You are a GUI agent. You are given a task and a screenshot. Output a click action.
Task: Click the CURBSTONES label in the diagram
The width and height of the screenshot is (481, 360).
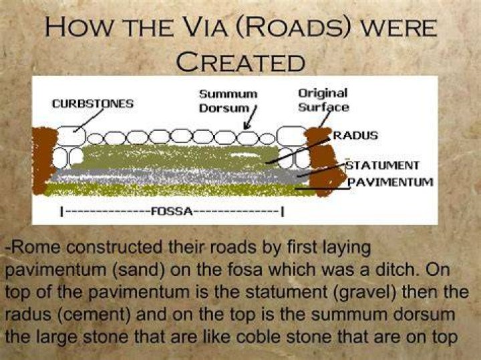(93, 104)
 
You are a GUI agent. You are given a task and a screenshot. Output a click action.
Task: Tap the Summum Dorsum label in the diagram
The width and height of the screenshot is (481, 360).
(228, 101)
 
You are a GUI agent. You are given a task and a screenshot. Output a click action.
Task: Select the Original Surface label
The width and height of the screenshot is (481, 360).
(323, 100)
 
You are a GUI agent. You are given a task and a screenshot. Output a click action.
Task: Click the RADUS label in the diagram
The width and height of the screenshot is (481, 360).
(355, 135)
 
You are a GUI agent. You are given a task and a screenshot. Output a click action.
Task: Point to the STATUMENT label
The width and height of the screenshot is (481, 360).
(382, 165)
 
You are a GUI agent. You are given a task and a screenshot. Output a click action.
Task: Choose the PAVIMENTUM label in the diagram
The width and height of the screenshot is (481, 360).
(391, 182)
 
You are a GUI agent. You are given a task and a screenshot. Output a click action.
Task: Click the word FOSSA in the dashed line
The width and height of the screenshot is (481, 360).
(172, 211)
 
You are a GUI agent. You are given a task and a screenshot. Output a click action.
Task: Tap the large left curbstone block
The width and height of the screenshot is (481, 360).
(71, 136)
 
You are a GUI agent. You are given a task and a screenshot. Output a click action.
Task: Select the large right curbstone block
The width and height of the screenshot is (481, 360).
(291, 136)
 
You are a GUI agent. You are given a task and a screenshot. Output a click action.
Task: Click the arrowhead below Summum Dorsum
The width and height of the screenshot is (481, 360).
(247, 126)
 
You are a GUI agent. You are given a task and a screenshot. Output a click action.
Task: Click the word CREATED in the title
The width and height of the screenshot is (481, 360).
(240, 61)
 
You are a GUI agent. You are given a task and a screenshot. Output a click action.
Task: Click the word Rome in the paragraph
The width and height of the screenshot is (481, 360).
(35, 247)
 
